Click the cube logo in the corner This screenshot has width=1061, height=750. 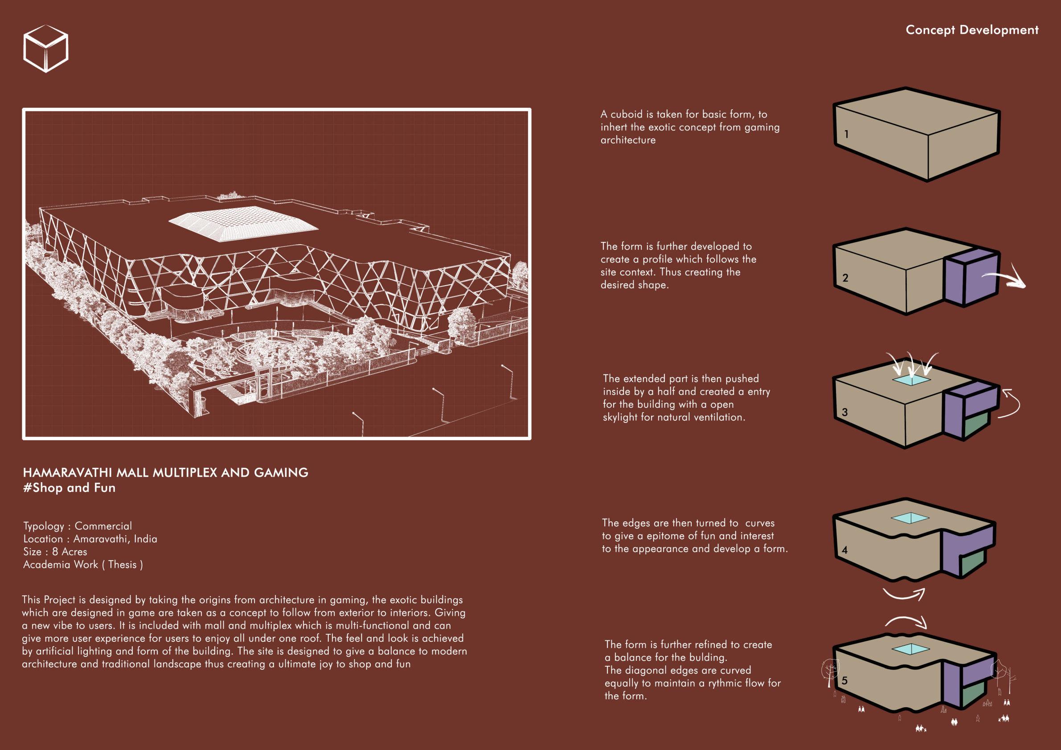tap(46, 48)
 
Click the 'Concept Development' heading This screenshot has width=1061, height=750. tap(972, 30)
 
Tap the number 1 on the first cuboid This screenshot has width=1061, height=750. tap(846, 135)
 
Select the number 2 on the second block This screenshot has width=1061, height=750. tap(845, 278)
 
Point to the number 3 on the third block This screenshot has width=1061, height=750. tap(845, 412)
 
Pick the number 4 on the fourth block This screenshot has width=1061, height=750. tap(845, 550)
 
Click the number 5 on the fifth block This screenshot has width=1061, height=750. tap(845, 680)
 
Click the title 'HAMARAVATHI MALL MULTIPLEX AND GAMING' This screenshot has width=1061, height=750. tap(165, 473)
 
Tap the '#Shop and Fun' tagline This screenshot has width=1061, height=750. tap(70, 488)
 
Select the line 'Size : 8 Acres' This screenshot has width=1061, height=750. tap(55, 552)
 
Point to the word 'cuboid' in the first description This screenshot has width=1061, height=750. tap(627, 114)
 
